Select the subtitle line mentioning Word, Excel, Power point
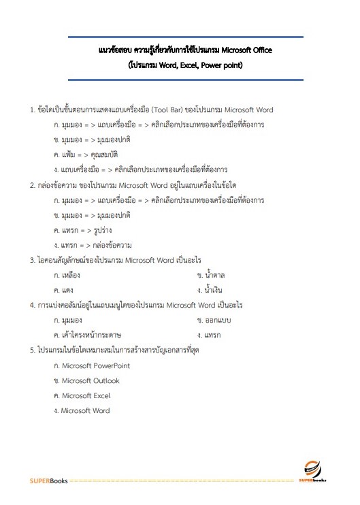click(x=185, y=65)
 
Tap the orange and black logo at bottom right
click(x=314, y=471)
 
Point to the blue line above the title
click(x=185, y=37)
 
